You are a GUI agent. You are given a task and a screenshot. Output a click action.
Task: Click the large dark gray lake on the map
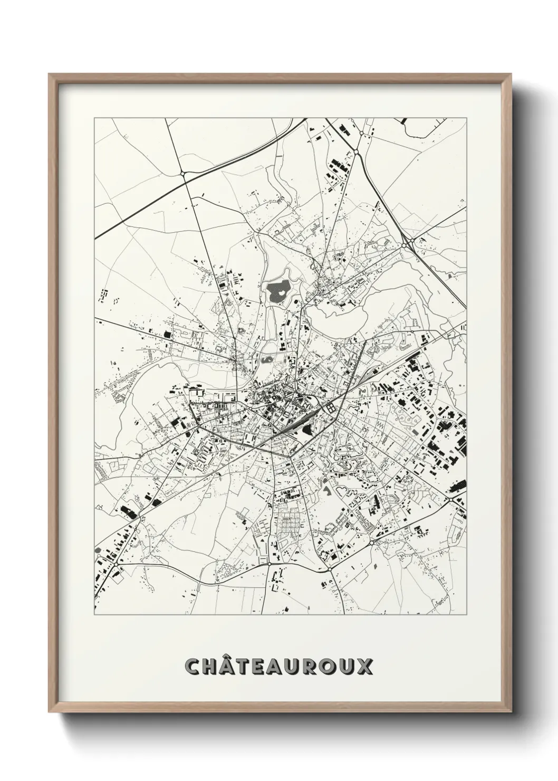[278, 289]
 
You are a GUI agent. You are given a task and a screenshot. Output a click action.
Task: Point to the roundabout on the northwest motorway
[182, 173]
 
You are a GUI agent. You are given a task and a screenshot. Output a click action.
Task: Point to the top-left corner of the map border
[94, 118]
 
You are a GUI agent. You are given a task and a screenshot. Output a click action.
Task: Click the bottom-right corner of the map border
[467, 615]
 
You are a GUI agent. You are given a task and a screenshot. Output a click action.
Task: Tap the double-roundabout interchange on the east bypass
[408, 243]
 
